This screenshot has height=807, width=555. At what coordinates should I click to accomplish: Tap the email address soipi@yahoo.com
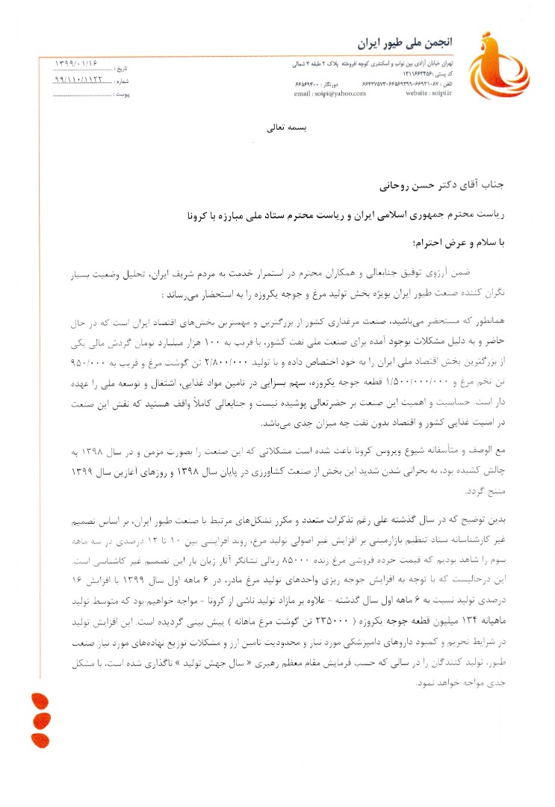pos(325,94)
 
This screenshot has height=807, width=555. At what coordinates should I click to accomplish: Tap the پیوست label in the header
pos(124,95)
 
